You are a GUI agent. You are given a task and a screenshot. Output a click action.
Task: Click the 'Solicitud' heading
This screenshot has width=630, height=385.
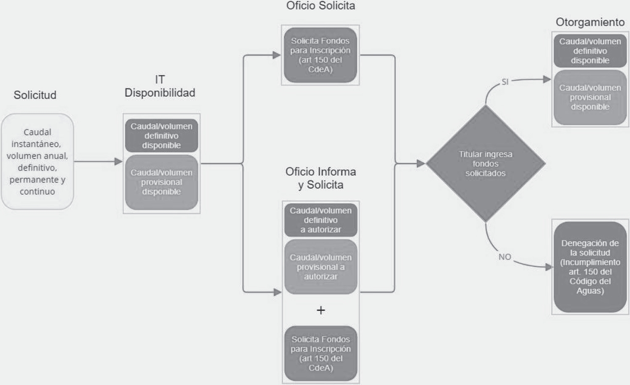(x=35, y=95)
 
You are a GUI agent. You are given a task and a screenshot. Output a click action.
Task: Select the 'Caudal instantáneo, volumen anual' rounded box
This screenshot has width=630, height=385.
(x=37, y=162)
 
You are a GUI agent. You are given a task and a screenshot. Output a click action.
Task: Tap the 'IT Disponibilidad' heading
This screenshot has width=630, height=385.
(x=160, y=86)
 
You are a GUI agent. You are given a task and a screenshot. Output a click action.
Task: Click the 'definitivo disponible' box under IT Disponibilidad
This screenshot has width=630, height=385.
(x=161, y=136)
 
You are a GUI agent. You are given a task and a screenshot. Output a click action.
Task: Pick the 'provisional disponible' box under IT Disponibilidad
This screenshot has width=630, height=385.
(x=161, y=182)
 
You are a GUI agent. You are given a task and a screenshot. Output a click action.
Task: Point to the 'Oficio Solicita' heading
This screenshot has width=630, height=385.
(x=320, y=6)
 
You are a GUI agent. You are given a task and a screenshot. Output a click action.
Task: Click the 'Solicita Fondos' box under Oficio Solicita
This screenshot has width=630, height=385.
(x=320, y=55)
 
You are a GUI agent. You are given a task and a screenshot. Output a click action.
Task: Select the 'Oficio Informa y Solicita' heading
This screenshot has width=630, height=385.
(x=320, y=178)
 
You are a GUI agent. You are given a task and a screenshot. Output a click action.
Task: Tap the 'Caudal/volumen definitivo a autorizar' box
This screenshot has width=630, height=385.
(x=320, y=220)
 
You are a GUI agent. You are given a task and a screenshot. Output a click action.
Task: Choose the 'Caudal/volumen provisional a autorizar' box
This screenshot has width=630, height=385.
(x=320, y=267)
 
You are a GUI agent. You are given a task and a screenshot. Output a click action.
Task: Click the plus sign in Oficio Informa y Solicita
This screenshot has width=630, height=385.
(x=320, y=310)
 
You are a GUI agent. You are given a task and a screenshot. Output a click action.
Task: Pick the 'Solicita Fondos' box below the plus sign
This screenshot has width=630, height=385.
(x=320, y=353)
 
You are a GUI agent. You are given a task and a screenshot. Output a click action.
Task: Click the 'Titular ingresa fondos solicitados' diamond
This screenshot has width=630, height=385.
(x=486, y=163)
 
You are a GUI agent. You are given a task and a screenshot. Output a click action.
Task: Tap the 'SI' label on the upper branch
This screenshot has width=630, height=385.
(x=505, y=82)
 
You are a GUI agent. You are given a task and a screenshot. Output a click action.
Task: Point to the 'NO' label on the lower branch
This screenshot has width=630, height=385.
(x=505, y=257)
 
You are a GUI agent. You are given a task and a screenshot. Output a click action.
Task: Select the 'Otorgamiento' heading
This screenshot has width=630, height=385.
(x=590, y=22)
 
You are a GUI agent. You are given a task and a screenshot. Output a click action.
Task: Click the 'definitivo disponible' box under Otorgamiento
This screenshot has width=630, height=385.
(x=590, y=51)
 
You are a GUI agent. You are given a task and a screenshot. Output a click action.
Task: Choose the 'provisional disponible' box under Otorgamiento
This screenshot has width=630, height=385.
(x=590, y=97)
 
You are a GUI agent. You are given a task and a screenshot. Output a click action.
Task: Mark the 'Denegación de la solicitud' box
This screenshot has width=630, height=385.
(x=590, y=267)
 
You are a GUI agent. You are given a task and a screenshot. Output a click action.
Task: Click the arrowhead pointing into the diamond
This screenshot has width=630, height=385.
(x=421, y=163)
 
